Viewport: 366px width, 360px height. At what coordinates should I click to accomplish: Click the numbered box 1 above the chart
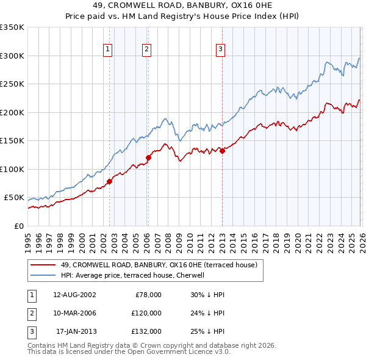click(108, 50)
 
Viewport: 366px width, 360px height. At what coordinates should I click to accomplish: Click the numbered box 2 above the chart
click(147, 50)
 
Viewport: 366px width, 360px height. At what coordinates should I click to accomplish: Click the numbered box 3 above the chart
click(220, 50)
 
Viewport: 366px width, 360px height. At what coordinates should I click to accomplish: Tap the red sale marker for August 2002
click(110, 181)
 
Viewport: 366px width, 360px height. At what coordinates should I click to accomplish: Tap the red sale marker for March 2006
click(148, 157)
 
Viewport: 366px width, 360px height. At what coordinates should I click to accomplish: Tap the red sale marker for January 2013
click(222, 151)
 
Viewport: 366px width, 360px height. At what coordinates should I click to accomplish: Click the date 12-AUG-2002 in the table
click(74, 295)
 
